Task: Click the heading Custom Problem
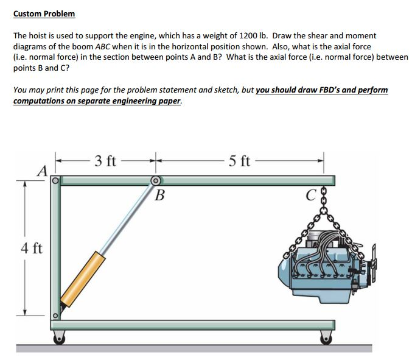pos(44,13)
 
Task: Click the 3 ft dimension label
pos(106,161)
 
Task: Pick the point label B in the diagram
pos(159,196)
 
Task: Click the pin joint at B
pos(156,180)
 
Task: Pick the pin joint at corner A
pos(55,180)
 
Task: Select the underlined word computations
pos(39,101)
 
